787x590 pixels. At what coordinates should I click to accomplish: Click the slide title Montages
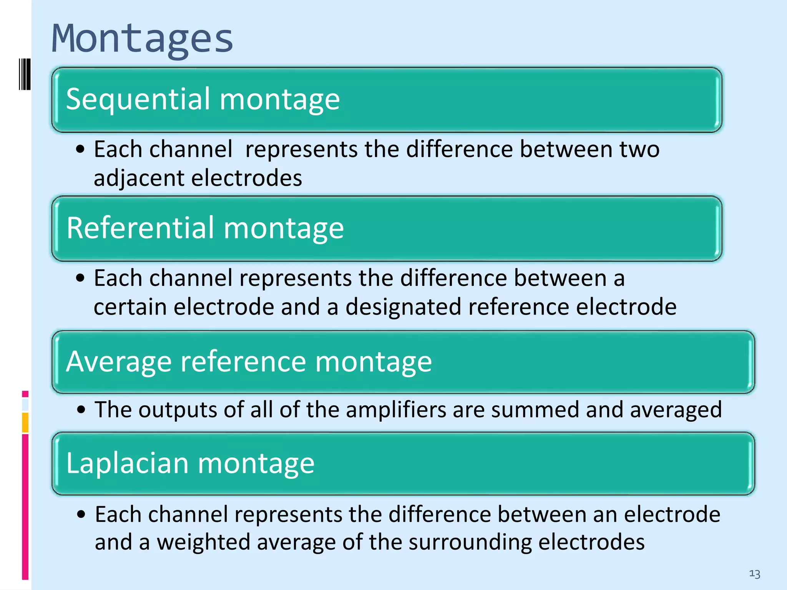tap(142, 39)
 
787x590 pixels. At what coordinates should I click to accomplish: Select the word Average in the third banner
tap(119, 362)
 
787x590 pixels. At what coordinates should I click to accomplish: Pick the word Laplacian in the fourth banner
tap(127, 463)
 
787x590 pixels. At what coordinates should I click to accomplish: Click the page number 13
tap(754, 574)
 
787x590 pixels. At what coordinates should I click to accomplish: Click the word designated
tap(403, 307)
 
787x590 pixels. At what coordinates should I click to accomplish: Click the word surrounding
tap(470, 542)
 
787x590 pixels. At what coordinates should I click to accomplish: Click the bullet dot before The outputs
tap(81, 409)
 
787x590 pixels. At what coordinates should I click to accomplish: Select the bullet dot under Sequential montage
tap(80, 149)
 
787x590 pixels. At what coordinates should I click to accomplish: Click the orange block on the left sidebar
tap(25, 423)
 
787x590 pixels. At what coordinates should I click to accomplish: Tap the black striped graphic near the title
tap(24, 74)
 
